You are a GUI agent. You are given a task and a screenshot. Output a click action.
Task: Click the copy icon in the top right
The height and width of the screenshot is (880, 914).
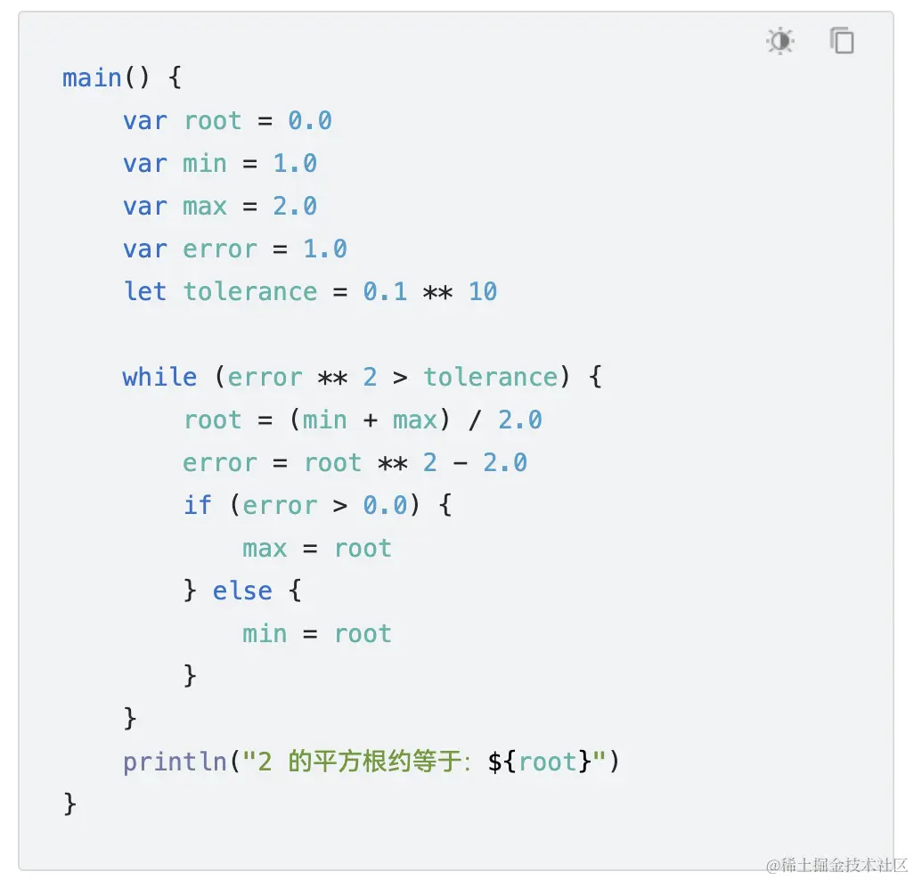842,41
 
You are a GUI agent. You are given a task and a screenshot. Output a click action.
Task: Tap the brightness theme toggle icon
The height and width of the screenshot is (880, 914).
780,41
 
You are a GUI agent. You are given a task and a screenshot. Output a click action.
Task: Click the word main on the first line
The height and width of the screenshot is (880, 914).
92,77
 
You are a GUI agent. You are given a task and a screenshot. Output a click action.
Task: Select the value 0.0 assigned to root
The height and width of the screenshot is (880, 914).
310,120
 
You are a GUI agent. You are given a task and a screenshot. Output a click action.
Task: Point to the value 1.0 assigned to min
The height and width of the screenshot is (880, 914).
295,163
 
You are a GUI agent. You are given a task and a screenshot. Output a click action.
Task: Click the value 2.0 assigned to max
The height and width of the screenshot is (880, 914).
295,206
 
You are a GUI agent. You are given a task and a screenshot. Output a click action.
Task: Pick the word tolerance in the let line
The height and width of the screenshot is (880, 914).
250,291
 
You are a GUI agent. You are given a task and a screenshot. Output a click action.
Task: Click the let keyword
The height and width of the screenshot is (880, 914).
144,291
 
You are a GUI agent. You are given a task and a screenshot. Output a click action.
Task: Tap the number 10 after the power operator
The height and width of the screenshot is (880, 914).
483,291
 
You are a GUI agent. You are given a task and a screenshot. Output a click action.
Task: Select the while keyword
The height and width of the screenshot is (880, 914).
159,377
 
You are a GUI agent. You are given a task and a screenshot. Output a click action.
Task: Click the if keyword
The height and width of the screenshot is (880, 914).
198,505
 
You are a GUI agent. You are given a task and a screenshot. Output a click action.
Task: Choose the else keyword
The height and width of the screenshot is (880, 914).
242,591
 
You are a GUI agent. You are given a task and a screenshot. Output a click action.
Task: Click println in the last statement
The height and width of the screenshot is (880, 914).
175,762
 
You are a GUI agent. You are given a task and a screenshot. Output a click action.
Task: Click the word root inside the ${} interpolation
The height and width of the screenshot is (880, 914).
548,762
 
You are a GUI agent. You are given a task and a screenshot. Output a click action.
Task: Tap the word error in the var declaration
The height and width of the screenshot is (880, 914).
220,249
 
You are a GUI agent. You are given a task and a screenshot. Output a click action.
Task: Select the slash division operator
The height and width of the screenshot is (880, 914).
475,420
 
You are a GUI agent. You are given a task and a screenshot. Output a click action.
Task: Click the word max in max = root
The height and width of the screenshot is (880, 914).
265,548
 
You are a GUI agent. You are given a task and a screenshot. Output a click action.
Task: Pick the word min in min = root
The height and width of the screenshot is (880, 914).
265,633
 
